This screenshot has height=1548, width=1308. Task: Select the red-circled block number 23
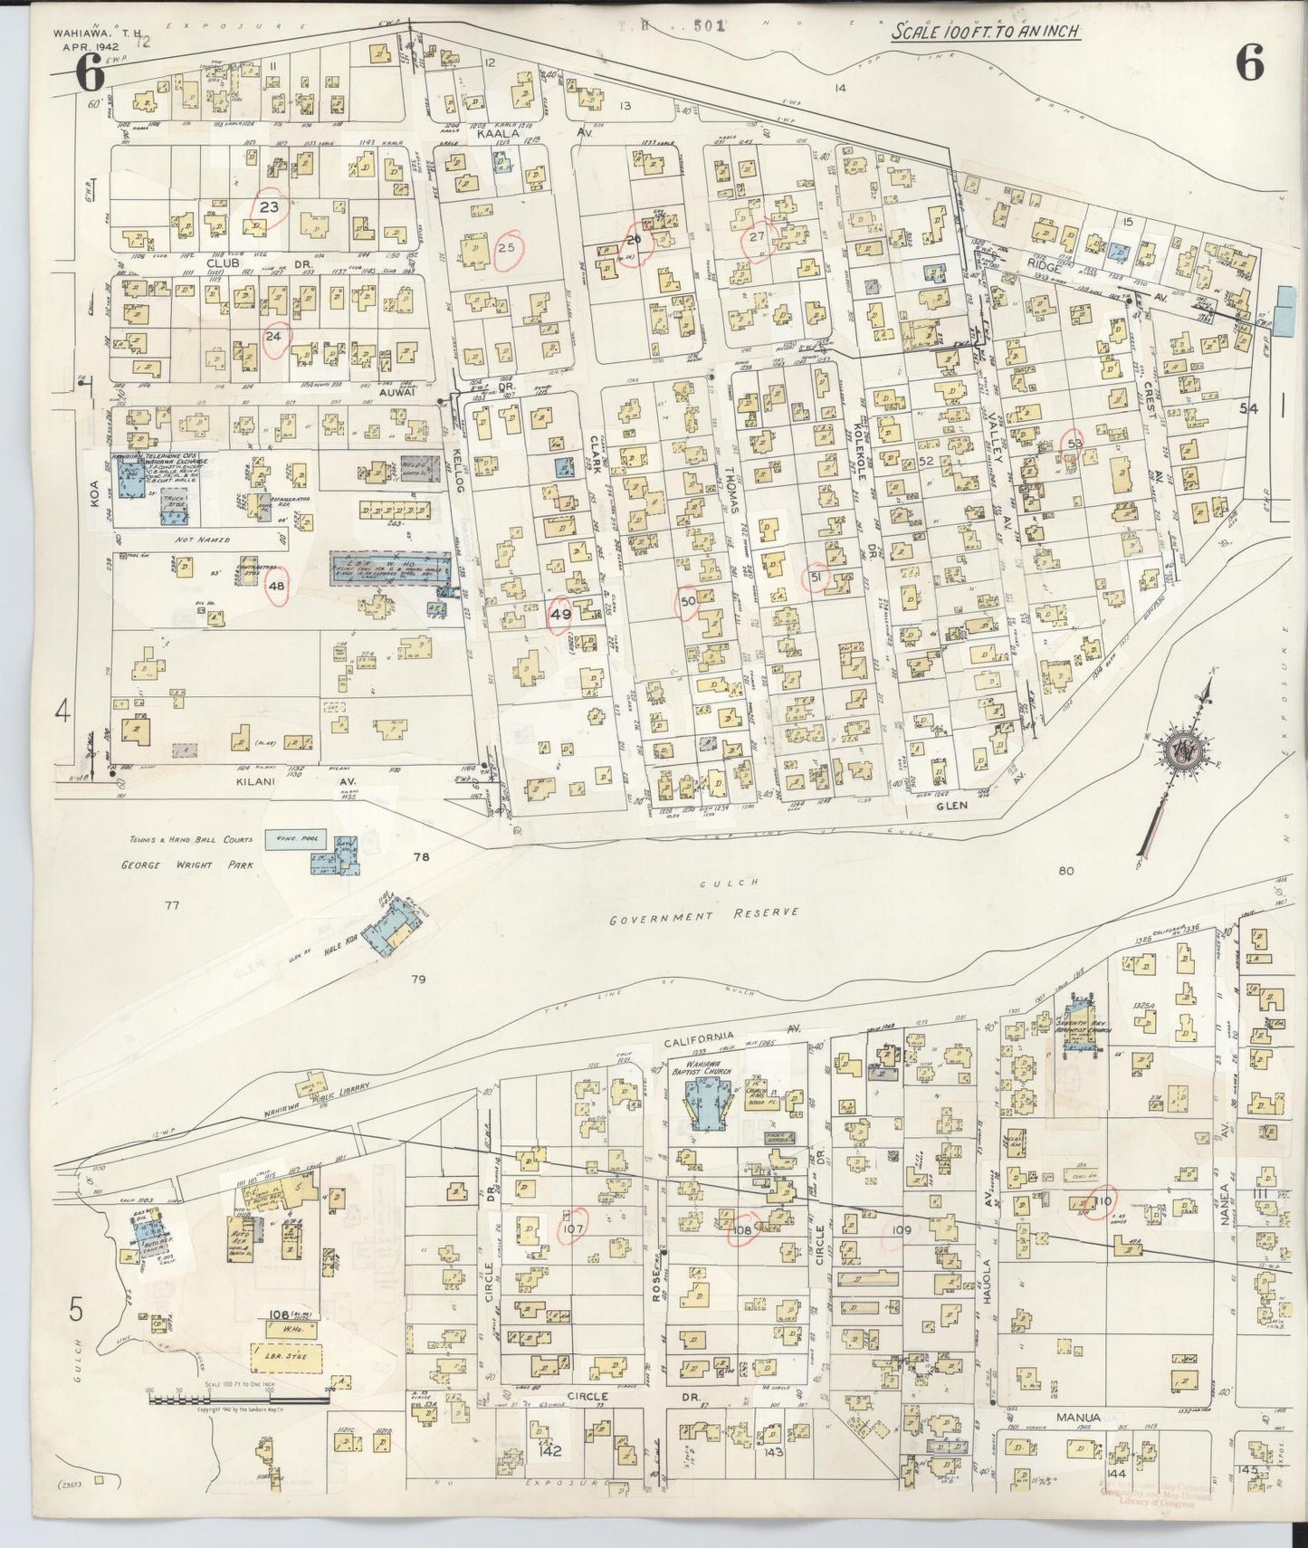269,206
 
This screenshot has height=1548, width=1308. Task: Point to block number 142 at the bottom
550,1451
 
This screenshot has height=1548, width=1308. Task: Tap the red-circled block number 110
1102,1200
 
